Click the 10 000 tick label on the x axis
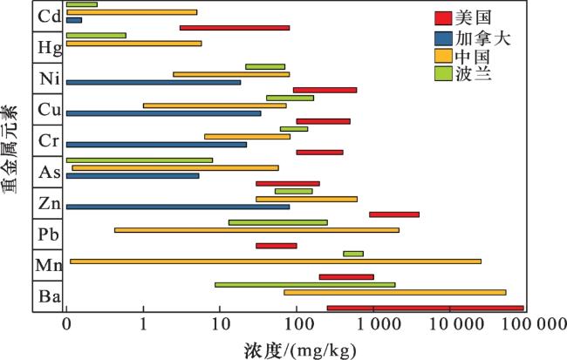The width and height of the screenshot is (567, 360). pos(449,324)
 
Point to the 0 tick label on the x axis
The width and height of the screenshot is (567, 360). pos(66,324)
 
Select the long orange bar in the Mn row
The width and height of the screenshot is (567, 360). pos(275,262)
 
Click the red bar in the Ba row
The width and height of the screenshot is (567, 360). pos(425,308)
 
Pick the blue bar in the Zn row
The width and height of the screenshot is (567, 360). pos(177,207)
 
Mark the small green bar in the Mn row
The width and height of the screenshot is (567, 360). pos(352,254)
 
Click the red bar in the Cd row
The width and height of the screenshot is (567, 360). pos(235,28)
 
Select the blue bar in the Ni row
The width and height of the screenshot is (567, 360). pos(153,82)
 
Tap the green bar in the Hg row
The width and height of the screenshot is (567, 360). pos(96,36)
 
